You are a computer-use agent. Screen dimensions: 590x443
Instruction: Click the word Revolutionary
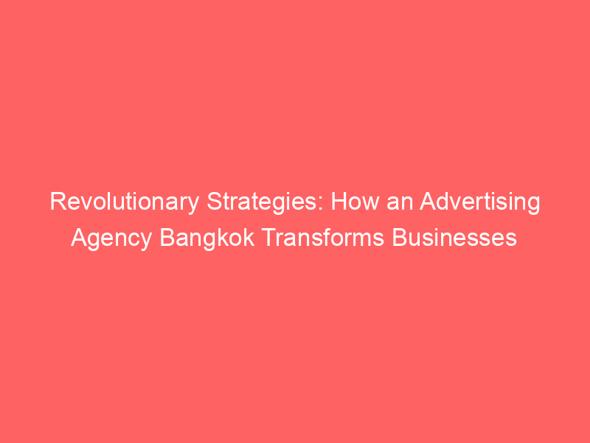click(x=125, y=202)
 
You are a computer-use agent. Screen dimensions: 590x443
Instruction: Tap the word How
click(x=355, y=202)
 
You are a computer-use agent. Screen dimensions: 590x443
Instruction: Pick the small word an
click(x=400, y=204)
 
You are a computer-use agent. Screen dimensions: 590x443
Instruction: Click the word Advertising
click(x=480, y=202)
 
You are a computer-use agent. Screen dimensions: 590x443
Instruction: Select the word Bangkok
click(x=207, y=238)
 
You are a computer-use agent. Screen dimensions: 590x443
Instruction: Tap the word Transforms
click(x=323, y=238)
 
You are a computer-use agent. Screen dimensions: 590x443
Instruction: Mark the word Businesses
click(x=454, y=238)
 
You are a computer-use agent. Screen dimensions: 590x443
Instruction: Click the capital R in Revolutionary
click(x=58, y=202)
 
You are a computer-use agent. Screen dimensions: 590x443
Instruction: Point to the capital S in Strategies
click(x=215, y=202)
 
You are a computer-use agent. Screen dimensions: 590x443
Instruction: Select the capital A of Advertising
click(x=428, y=202)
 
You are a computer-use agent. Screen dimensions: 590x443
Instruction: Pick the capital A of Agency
click(x=79, y=238)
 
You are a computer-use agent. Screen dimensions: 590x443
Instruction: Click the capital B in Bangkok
click(x=167, y=238)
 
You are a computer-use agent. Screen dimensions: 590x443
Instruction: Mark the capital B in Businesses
click(x=399, y=238)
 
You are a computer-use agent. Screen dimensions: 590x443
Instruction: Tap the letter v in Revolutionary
click(x=87, y=204)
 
